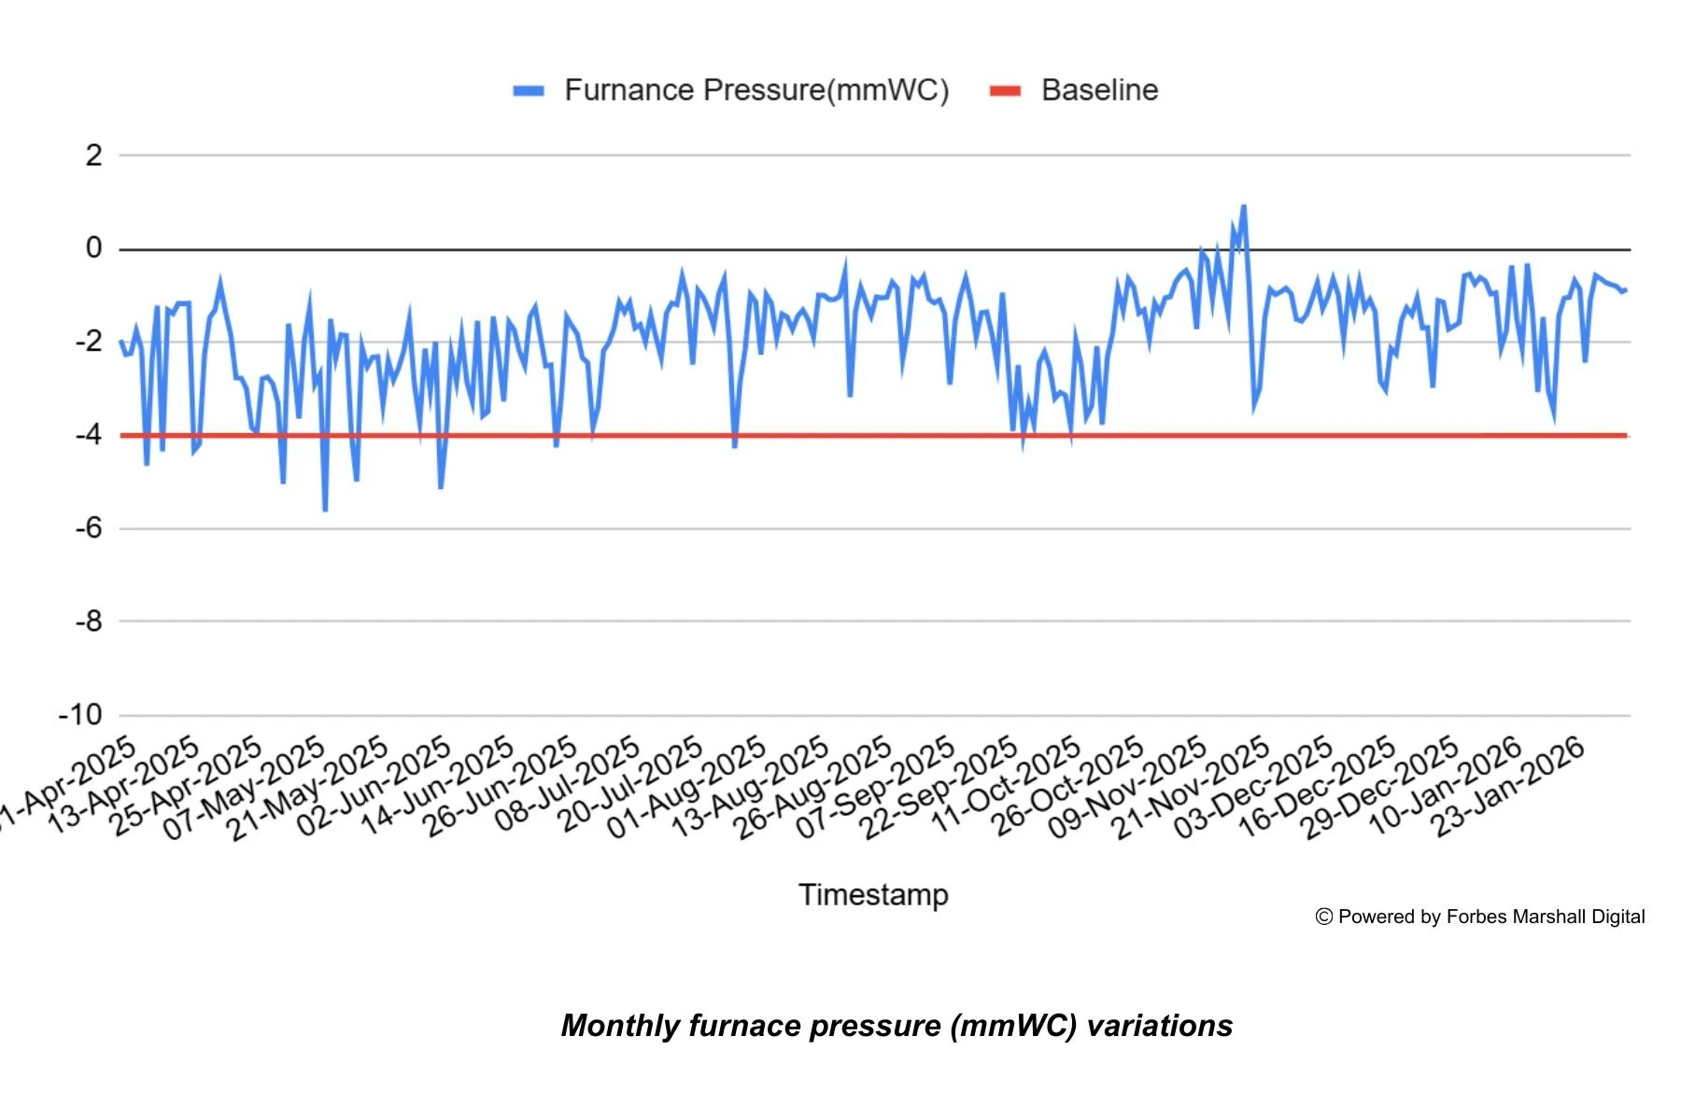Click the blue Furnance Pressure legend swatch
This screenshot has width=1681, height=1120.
[x=529, y=91]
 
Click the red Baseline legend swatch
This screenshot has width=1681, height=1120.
[x=1005, y=91]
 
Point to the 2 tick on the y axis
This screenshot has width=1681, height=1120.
[x=93, y=156]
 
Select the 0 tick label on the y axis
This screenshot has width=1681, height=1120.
[x=93, y=248]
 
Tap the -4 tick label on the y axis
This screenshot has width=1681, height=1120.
[x=89, y=435]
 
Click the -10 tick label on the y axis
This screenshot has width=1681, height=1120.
[x=80, y=715]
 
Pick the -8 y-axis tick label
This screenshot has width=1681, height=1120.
[x=89, y=621]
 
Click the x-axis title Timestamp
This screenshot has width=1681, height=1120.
[x=873, y=894]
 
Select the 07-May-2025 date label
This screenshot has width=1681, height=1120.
[x=245, y=789]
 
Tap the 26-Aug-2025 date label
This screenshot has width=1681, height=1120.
[x=812, y=789]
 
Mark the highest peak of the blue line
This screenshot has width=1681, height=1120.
[x=1243, y=207]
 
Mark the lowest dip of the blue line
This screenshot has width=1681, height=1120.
[x=325, y=510]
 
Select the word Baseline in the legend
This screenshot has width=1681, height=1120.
[x=1099, y=91]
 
